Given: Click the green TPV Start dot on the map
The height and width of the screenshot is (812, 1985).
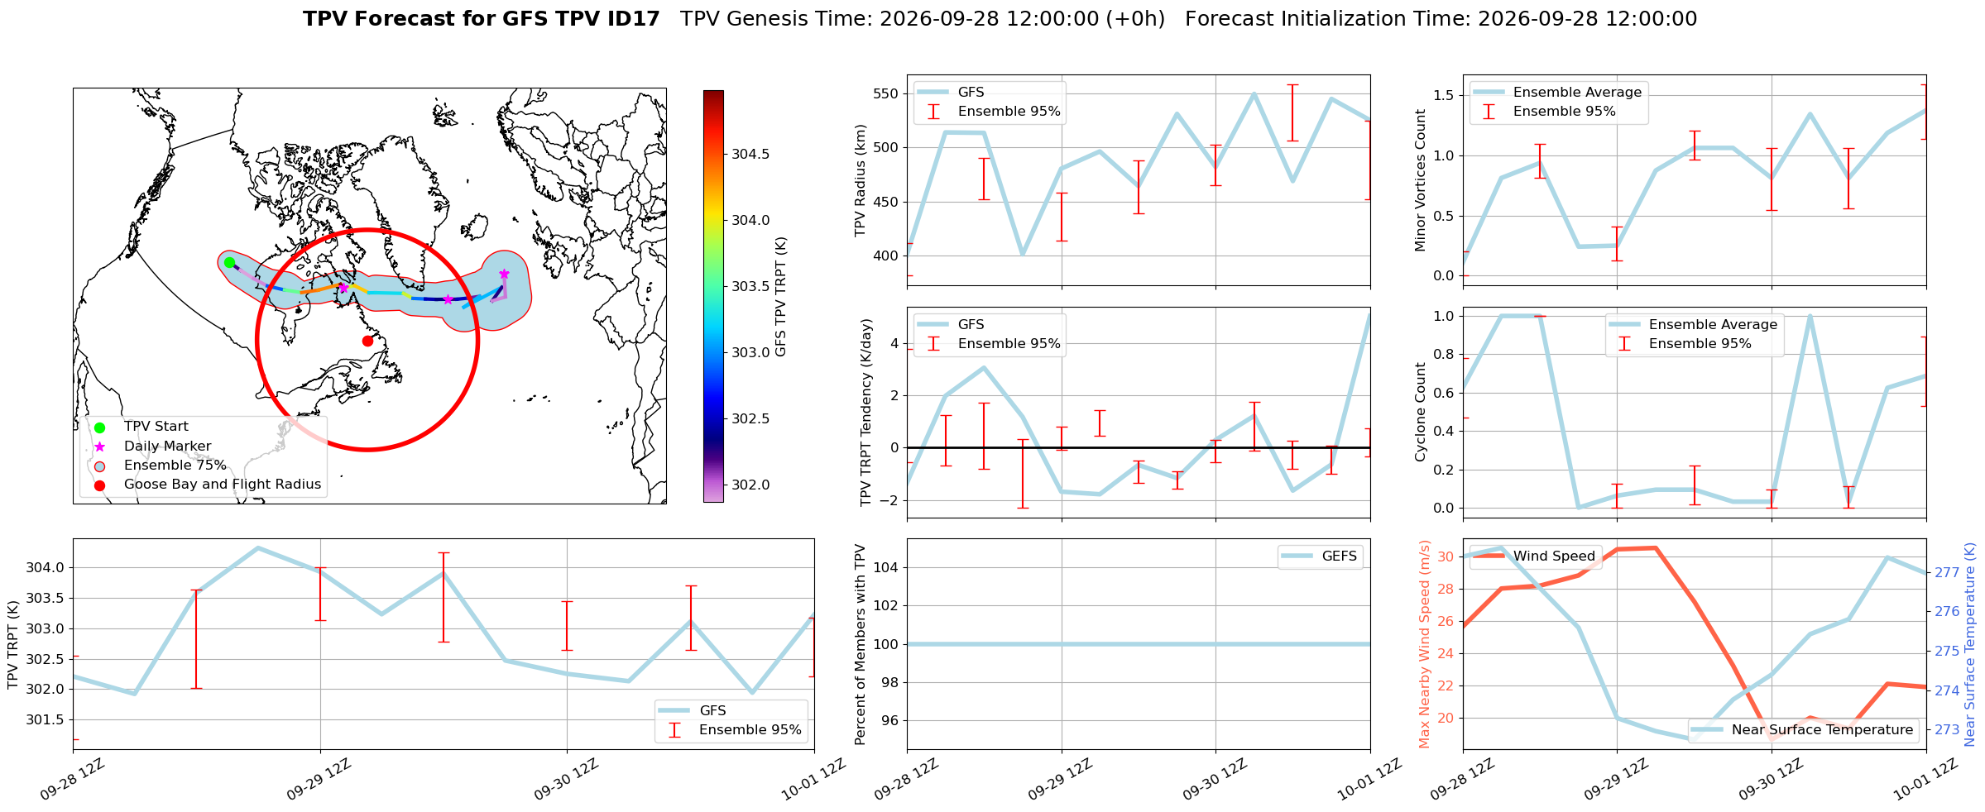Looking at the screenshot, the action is pos(229,262).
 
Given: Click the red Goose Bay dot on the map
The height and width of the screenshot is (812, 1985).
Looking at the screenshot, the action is pos(367,341).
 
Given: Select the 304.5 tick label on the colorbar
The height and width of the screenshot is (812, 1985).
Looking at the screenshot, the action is pos(750,154).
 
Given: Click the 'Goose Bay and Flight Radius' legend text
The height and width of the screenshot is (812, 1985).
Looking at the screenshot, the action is pos(223,485).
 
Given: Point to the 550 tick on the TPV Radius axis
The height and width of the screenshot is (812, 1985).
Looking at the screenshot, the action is pos(886,93).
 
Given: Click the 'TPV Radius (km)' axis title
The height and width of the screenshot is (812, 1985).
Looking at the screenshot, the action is pos(861,180).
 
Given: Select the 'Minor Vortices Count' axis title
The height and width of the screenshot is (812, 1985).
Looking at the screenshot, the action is pos(1420,180).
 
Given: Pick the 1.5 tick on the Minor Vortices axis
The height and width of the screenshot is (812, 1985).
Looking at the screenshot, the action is pos(1444,96).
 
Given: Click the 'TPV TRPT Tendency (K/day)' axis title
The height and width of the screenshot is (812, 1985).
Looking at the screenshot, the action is pos(866,413).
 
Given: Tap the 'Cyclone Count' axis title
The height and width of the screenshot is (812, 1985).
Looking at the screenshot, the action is pos(1420,412).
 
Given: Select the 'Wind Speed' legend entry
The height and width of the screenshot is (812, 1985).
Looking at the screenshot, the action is pos(1536,556).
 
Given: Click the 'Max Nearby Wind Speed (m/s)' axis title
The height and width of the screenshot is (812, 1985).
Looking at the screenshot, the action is pos(1424,644).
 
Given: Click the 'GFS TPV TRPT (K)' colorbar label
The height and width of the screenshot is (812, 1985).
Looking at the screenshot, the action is pos(781,297).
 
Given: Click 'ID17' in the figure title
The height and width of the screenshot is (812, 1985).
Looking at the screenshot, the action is pos(635,19).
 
